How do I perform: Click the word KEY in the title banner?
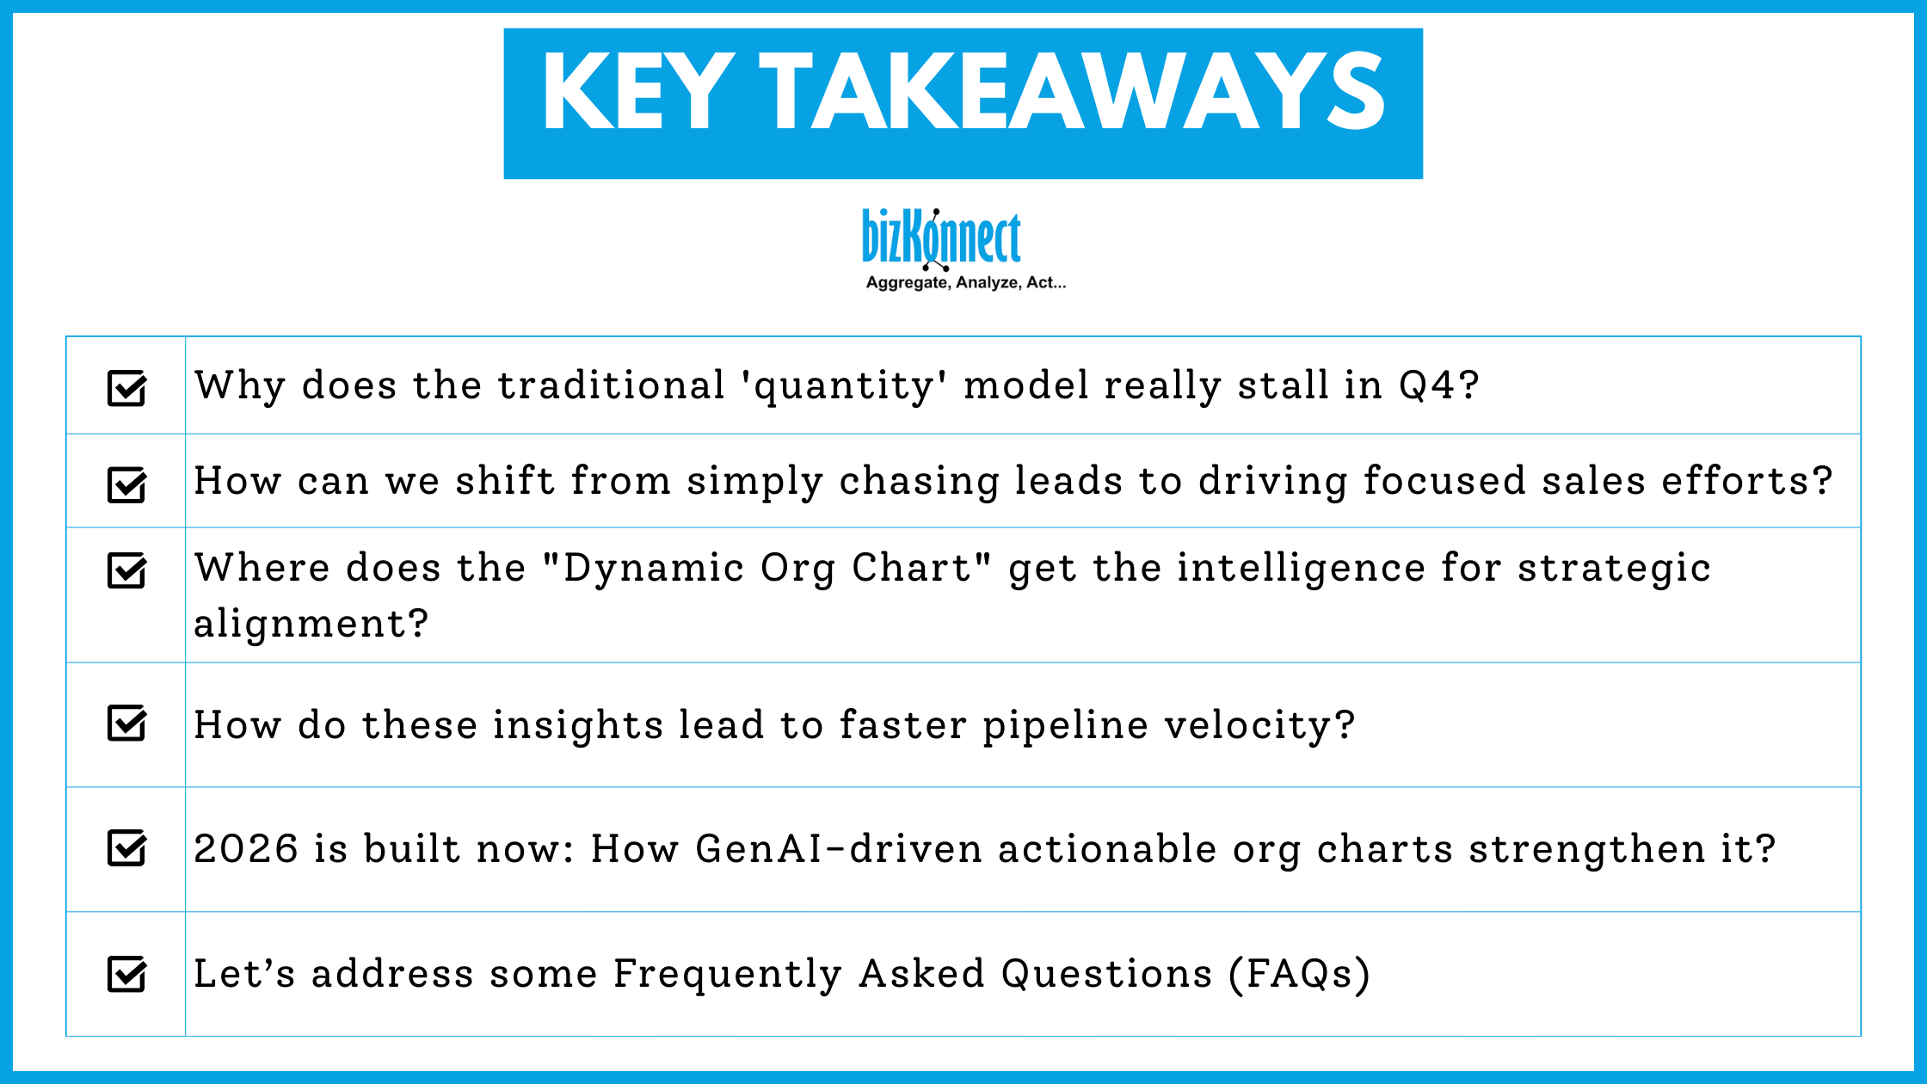tap(637, 92)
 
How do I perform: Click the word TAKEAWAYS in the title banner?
tap(1071, 92)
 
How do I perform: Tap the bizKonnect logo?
tap(941, 237)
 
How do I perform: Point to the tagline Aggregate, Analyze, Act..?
tap(965, 283)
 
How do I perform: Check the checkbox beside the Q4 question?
tap(126, 387)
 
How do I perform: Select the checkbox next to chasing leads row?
tap(126, 483)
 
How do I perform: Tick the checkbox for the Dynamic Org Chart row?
tap(126, 570)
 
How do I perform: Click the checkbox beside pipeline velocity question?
tap(126, 723)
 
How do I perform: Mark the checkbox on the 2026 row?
tap(126, 847)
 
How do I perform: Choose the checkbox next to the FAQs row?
tap(126, 974)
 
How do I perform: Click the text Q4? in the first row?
tap(1438, 385)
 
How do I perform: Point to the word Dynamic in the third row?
tap(653, 569)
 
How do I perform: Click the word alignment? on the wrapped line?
tap(311, 624)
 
